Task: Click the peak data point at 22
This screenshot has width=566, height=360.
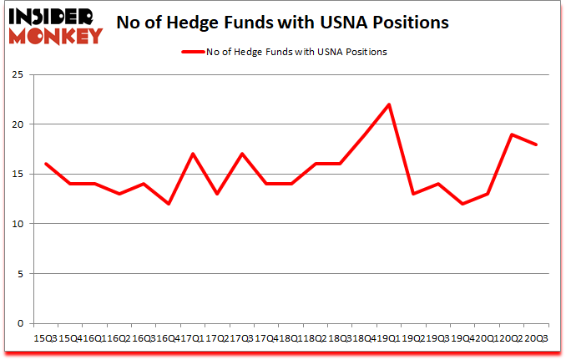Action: (389, 104)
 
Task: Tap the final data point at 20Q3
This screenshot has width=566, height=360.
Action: (536, 145)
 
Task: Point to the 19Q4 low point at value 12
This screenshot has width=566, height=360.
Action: (462, 204)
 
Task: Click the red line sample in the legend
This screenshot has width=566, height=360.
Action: (193, 52)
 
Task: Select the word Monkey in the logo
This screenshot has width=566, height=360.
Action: (59, 35)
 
